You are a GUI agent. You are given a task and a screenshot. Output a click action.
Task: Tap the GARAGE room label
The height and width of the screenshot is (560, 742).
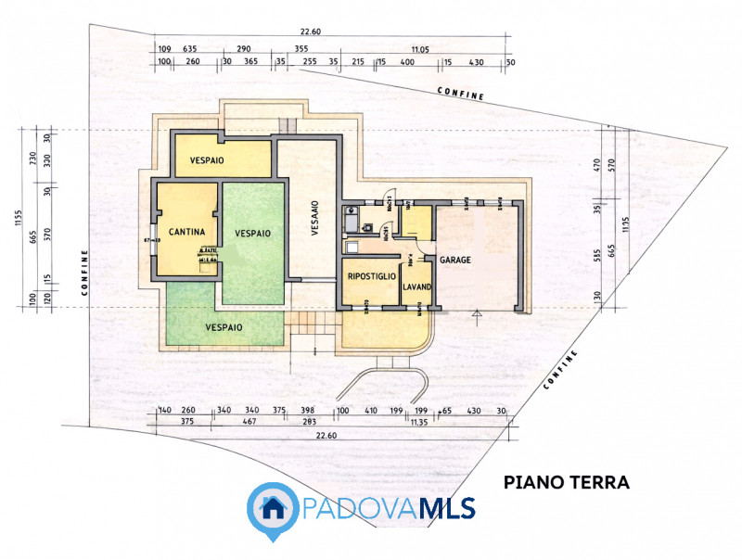click(455, 261)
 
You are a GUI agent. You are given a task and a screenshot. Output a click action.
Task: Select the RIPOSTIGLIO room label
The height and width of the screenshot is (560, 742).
click(371, 276)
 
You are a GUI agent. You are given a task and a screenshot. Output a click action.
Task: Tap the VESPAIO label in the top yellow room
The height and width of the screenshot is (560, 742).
click(210, 160)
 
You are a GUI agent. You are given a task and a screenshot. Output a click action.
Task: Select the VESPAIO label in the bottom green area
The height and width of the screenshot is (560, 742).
click(224, 327)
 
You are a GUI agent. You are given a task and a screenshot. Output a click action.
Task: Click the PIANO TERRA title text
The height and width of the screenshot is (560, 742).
click(567, 482)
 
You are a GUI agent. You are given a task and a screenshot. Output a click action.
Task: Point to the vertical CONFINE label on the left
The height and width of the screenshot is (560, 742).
click(84, 272)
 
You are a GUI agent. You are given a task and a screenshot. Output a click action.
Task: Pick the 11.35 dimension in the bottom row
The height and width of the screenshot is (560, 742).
click(419, 422)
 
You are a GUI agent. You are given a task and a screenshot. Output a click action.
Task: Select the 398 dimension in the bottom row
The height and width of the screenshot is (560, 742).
click(309, 410)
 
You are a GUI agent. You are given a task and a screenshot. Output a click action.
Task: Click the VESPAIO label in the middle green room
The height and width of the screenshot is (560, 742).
click(252, 233)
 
